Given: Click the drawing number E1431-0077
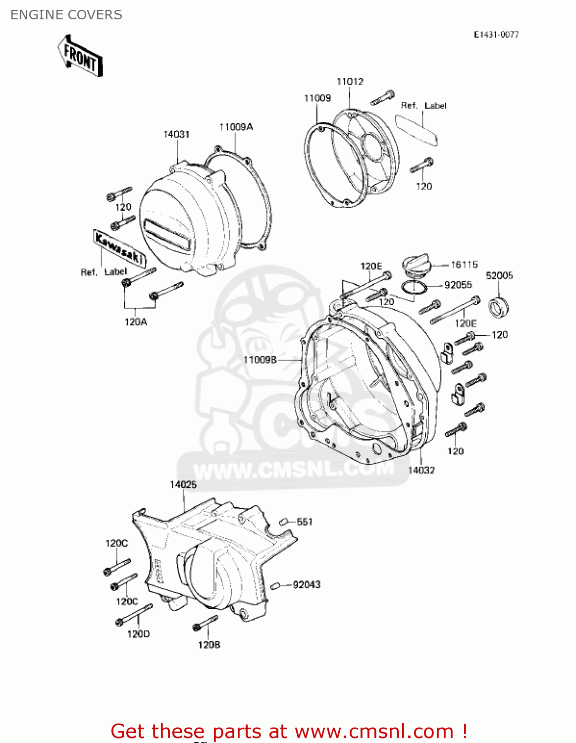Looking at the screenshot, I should pyautogui.click(x=496, y=34).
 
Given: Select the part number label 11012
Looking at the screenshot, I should pyautogui.click(x=350, y=81).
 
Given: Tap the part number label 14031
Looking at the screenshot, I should pyautogui.click(x=177, y=134).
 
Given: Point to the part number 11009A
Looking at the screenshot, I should pyautogui.click(x=236, y=127).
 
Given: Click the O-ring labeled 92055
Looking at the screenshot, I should pyautogui.click(x=413, y=287).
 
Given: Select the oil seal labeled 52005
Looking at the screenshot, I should pyautogui.click(x=499, y=307).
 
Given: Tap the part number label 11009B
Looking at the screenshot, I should pyautogui.click(x=260, y=360).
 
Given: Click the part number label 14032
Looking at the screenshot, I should pyautogui.click(x=421, y=470).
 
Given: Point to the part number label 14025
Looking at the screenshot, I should pyautogui.click(x=183, y=484).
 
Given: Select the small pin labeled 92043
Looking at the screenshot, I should pyautogui.click(x=276, y=586).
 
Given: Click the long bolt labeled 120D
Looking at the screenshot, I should pyautogui.click(x=134, y=614).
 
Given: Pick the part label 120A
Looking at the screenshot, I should pyautogui.click(x=136, y=322).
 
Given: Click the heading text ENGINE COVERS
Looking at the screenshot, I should pyautogui.click(x=66, y=15).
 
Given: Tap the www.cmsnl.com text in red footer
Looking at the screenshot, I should pyautogui.click(x=373, y=731).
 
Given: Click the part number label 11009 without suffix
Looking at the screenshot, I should pyautogui.click(x=317, y=98).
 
